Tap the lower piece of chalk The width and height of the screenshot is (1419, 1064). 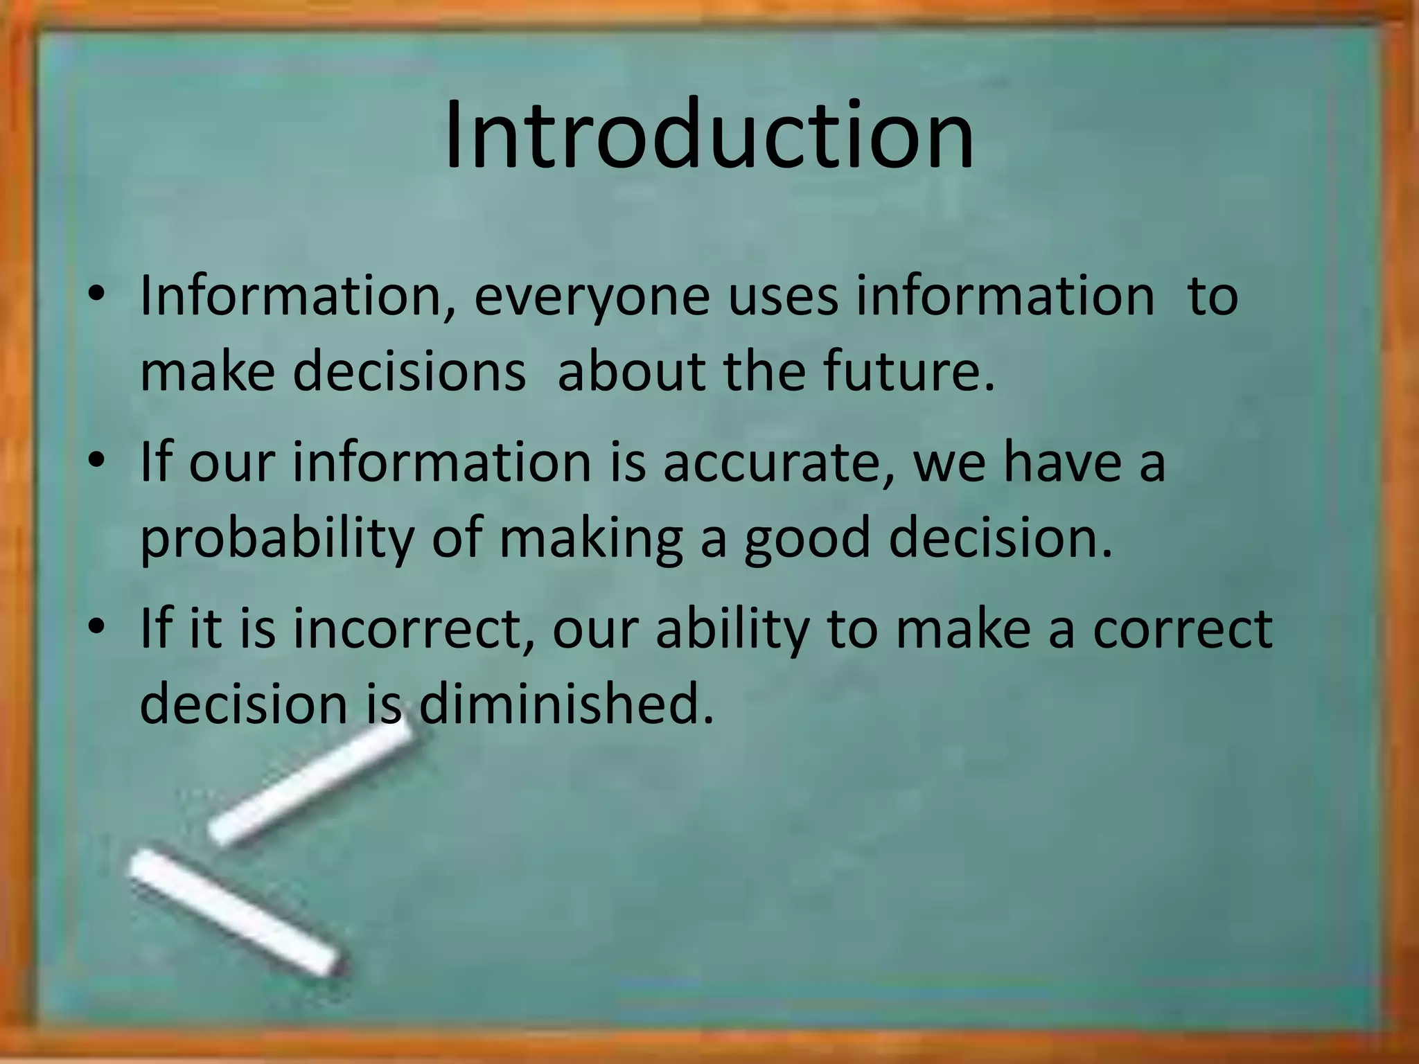[236, 912]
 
